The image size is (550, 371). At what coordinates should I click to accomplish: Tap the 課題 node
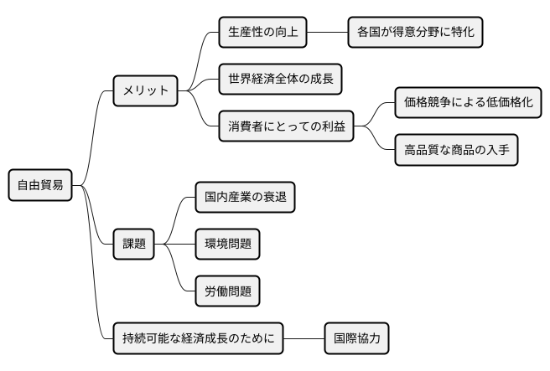pyautogui.click(x=134, y=244)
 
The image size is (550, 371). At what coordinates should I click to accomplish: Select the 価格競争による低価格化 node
pyautogui.click(x=466, y=104)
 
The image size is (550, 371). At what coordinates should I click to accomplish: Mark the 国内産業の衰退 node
pyautogui.click(x=244, y=198)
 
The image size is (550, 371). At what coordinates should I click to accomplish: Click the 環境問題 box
pyautogui.click(x=226, y=244)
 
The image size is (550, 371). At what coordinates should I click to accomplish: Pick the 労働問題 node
pyautogui.click(x=226, y=291)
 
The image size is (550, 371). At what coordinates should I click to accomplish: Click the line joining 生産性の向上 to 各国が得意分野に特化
pyautogui.click(x=327, y=33)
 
